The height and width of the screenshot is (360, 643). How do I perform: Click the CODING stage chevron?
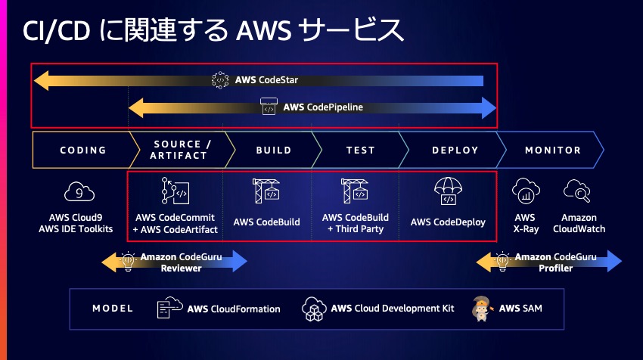click(82, 150)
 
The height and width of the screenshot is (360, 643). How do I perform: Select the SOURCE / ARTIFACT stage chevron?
click(179, 150)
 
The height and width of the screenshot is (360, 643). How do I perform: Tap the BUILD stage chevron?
click(273, 150)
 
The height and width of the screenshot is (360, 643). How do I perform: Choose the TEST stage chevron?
click(360, 150)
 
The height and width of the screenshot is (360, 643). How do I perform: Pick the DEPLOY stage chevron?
click(455, 150)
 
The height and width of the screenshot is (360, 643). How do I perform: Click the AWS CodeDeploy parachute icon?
click(448, 192)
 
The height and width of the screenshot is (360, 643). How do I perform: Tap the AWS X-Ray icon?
click(524, 192)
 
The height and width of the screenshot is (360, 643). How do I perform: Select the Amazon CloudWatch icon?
click(578, 192)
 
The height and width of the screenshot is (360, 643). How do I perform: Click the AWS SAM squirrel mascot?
click(483, 309)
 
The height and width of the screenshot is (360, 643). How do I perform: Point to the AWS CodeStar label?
click(266, 79)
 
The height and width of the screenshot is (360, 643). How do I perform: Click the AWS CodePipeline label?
click(323, 107)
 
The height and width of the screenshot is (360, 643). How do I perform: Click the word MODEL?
click(113, 309)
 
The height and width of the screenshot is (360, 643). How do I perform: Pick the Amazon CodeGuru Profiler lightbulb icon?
click(500, 261)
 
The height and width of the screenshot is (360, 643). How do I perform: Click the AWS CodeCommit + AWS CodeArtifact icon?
click(176, 192)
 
